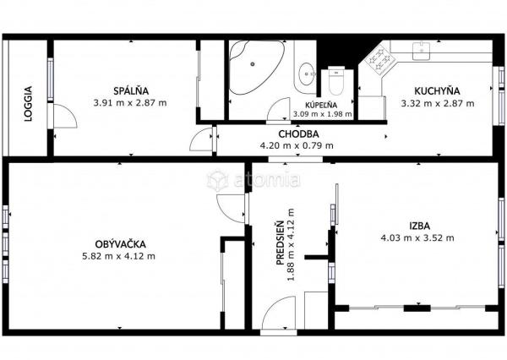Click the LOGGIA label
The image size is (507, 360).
(29, 104)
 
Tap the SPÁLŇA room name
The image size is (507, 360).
(131, 91)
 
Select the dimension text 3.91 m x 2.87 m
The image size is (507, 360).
(130, 103)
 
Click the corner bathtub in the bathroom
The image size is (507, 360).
(257, 67)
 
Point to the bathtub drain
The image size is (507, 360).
(253, 64)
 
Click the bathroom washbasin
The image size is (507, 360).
(307, 74)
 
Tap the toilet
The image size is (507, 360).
(336, 81)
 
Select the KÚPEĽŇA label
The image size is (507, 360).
(321, 105)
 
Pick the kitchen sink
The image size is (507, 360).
(421, 51)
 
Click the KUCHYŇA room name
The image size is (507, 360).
(437, 91)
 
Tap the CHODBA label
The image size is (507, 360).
(298, 134)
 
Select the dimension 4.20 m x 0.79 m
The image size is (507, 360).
(297, 145)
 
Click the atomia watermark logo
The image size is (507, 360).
(253, 180)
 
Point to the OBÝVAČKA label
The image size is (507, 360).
(120, 244)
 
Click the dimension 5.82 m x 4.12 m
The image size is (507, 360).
(118, 256)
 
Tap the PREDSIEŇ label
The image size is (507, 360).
(280, 243)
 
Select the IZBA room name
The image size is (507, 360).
(419, 226)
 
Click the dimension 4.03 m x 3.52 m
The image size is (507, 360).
(417, 238)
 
